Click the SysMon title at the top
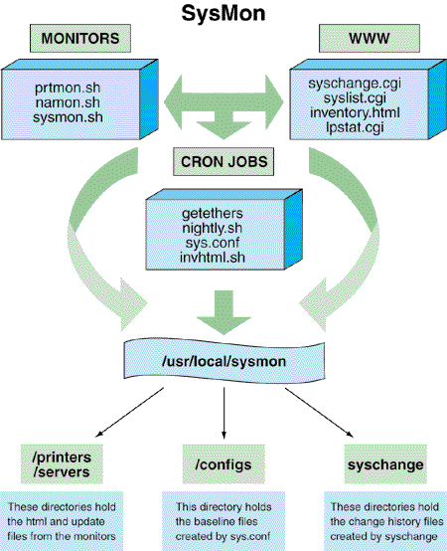(x=223, y=13)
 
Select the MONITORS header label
(x=80, y=39)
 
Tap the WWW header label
(x=370, y=39)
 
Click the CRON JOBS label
(x=223, y=162)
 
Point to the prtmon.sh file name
(x=68, y=88)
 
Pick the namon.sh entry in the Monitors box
(x=68, y=102)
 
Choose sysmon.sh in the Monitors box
(x=68, y=117)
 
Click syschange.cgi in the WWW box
(x=355, y=84)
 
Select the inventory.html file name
(x=355, y=112)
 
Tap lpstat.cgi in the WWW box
(x=355, y=127)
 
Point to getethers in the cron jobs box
(x=213, y=214)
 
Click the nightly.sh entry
(x=213, y=229)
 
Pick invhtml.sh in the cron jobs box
(x=213, y=258)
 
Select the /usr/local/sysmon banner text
(x=223, y=361)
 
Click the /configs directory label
(x=223, y=464)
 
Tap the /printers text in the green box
(x=62, y=458)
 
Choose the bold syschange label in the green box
(x=385, y=464)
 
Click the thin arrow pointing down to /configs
(x=223, y=414)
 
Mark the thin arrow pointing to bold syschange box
(x=319, y=413)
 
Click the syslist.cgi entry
(x=355, y=98)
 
